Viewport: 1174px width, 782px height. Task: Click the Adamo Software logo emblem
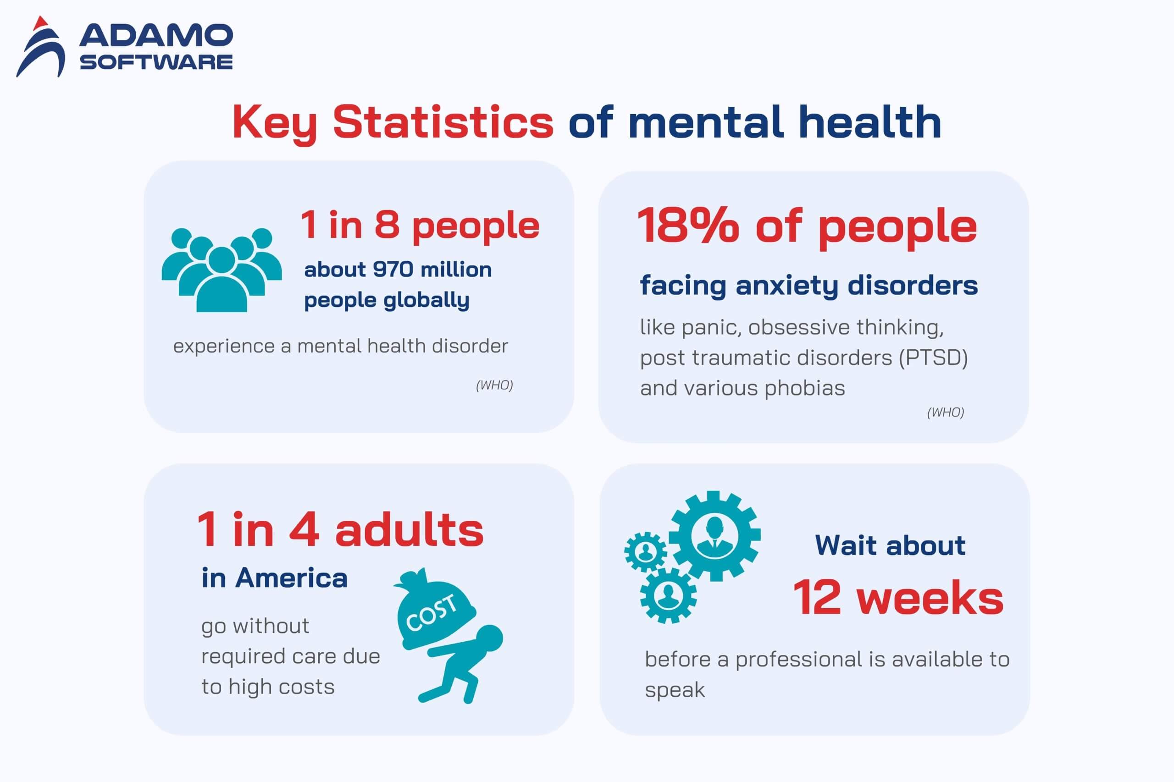coord(40,47)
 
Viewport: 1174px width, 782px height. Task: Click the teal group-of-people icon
coord(222,270)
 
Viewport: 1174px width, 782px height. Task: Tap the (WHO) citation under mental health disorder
coord(494,385)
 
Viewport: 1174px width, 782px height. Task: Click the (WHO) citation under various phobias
coord(946,412)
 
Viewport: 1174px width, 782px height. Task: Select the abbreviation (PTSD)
coord(933,358)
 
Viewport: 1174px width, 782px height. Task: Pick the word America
coord(291,578)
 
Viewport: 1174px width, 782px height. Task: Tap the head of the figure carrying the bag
coord(488,639)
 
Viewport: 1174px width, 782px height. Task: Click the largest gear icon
coord(714,536)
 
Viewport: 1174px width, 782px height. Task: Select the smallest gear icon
coord(646,551)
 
